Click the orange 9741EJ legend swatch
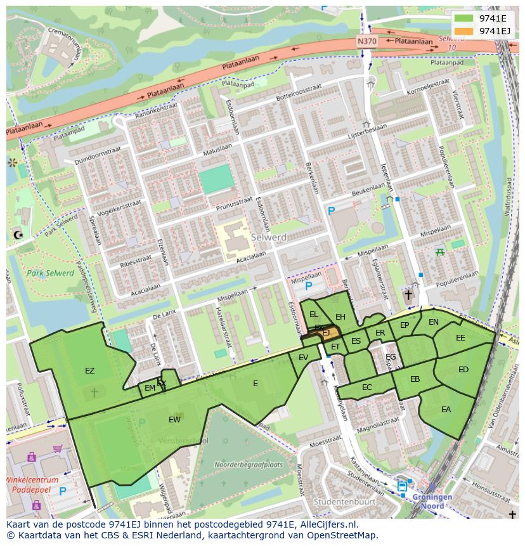click(464, 31)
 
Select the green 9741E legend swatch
click(464, 18)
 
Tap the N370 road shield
click(366, 41)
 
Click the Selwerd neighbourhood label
click(269, 237)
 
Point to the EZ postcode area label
click(89, 370)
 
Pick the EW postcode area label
click(174, 419)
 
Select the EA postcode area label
click(446, 410)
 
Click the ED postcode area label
click(463, 370)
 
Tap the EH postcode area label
click(340, 317)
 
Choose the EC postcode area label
click(367, 387)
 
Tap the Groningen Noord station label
click(432, 501)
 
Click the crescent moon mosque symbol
click(17, 235)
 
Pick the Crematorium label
click(68, 41)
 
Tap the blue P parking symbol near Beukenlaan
click(330, 211)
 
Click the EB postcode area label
click(415, 379)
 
